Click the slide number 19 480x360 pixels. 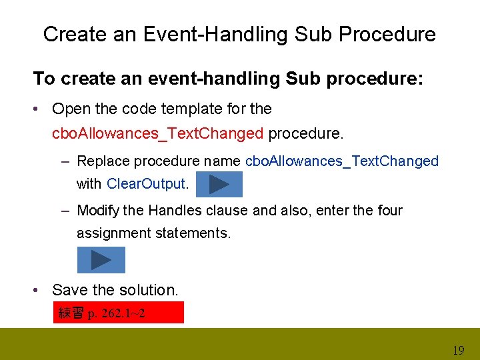[x=458, y=350]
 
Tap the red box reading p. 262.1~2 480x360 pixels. [x=118, y=313]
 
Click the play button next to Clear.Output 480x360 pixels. [x=219, y=184]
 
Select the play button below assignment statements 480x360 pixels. [x=101, y=260]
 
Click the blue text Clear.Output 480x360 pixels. [x=147, y=183]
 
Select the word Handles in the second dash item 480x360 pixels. [x=175, y=211]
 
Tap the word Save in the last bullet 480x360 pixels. [x=69, y=290]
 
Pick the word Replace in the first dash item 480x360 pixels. [x=105, y=161]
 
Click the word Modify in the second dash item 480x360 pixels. [x=99, y=211]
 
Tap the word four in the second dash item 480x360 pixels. [x=390, y=211]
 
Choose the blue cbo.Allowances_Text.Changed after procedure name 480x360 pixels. [x=342, y=161]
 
